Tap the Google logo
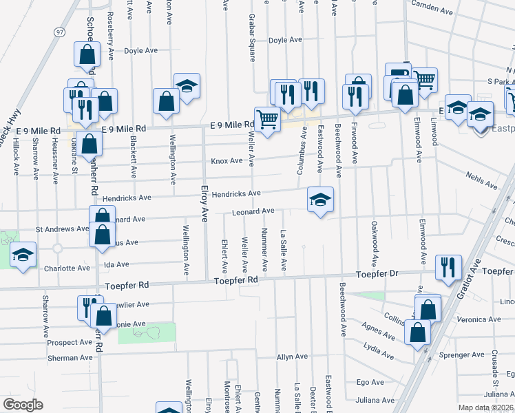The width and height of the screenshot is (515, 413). pos(23,405)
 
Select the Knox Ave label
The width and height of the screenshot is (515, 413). pos(227,161)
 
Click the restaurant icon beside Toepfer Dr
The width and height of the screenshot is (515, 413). pos(449,267)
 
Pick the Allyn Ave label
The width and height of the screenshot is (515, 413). pos(292,357)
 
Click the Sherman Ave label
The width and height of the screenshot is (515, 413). pos(70,358)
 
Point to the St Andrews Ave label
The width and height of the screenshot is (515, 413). pos(63,229)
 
